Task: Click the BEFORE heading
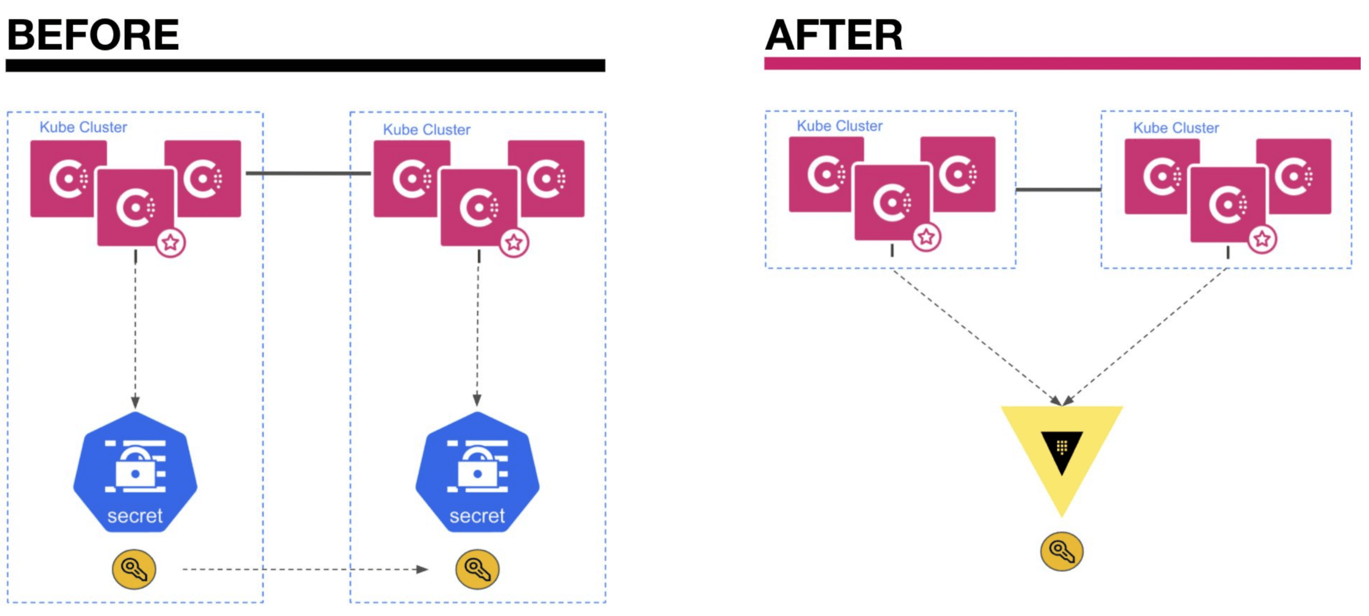point(93,35)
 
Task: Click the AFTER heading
point(834,35)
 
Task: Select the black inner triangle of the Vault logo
point(1061,451)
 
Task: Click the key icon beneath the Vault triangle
point(1061,551)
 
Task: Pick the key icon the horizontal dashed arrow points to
point(477,569)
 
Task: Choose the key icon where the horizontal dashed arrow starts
point(134,569)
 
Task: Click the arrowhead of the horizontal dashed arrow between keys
point(422,569)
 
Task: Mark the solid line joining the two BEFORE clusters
point(308,173)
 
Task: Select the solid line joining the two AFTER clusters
point(1058,189)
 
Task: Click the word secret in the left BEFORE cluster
point(135,516)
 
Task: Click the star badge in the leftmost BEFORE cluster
point(170,243)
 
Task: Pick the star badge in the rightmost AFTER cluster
point(1262,239)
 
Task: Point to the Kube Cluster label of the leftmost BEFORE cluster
point(83,127)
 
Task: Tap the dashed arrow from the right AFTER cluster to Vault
point(1145,335)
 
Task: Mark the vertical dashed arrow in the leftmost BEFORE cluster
point(136,329)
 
